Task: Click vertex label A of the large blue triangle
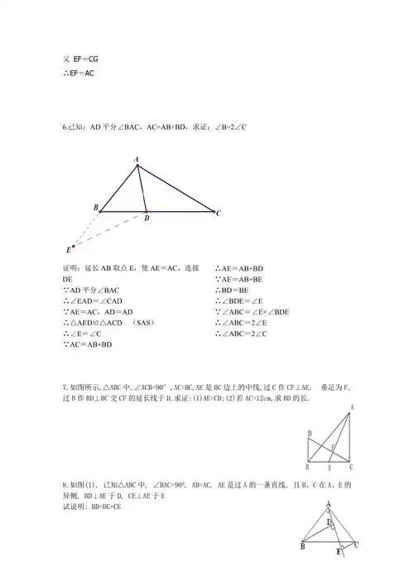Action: click(x=137, y=158)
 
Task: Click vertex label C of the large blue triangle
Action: click(x=218, y=214)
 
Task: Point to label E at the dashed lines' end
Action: click(x=68, y=249)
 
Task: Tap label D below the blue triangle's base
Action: click(x=147, y=219)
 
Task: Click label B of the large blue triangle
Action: click(x=96, y=207)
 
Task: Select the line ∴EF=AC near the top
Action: click(x=79, y=72)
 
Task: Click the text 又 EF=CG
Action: click(x=80, y=59)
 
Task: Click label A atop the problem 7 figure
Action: click(x=353, y=407)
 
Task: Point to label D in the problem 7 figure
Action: click(x=309, y=433)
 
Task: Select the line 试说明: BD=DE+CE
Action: click(x=92, y=506)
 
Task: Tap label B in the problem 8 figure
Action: click(x=303, y=547)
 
